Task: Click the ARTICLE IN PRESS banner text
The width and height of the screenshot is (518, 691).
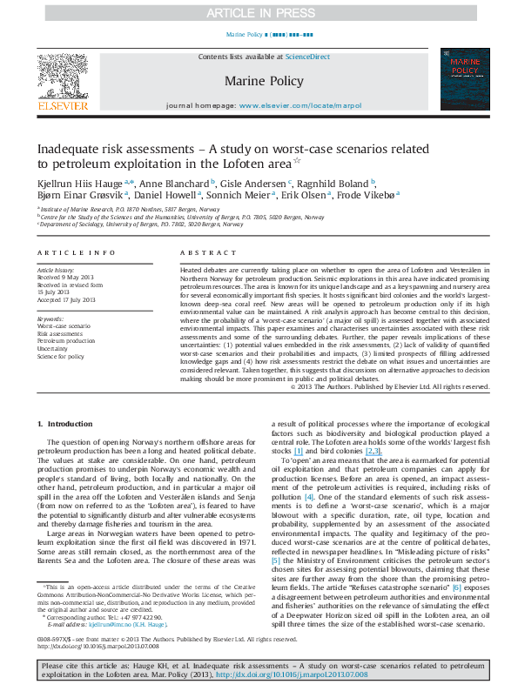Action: click(259, 12)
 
